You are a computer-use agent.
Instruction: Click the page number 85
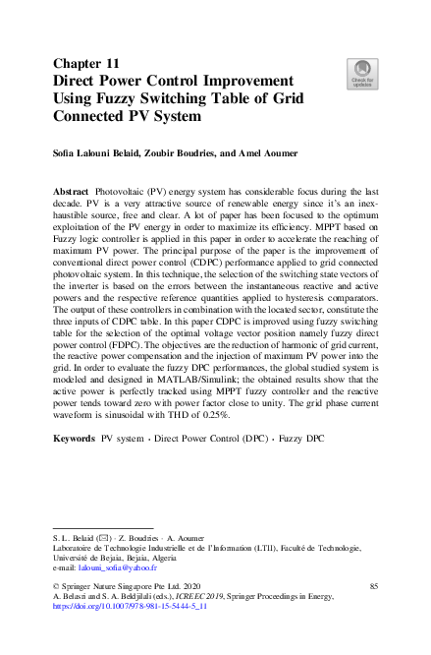pos(373,586)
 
